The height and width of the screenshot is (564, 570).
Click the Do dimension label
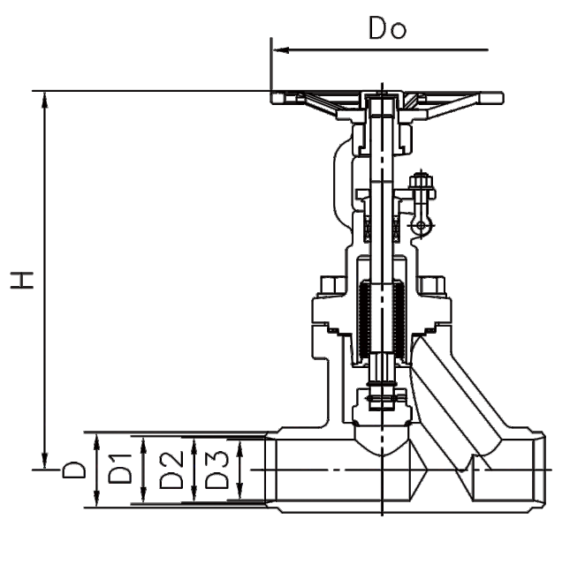[388, 27]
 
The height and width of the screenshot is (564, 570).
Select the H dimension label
[22, 280]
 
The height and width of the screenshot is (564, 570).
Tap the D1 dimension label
[120, 469]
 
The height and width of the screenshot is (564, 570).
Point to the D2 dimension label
[171, 470]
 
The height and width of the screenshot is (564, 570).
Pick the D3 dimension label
[217, 470]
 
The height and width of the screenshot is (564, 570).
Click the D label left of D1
[74, 470]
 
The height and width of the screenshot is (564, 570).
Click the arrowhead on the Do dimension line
[281, 49]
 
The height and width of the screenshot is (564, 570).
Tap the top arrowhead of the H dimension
[45, 100]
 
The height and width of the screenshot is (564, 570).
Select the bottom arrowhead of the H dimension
[45, 461]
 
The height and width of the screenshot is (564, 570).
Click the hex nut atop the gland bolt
[422, 181]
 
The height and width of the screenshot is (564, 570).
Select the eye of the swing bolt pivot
[421, 226]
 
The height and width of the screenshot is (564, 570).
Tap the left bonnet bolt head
[333, 285]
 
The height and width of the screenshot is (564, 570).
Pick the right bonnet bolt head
[432, 285]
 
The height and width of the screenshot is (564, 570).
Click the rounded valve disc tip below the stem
[382, 440]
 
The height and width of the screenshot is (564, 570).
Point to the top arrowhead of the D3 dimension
[239, 448]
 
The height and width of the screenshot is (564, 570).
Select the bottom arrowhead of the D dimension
[96, 499]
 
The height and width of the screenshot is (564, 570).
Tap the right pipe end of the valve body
[539, 470]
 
